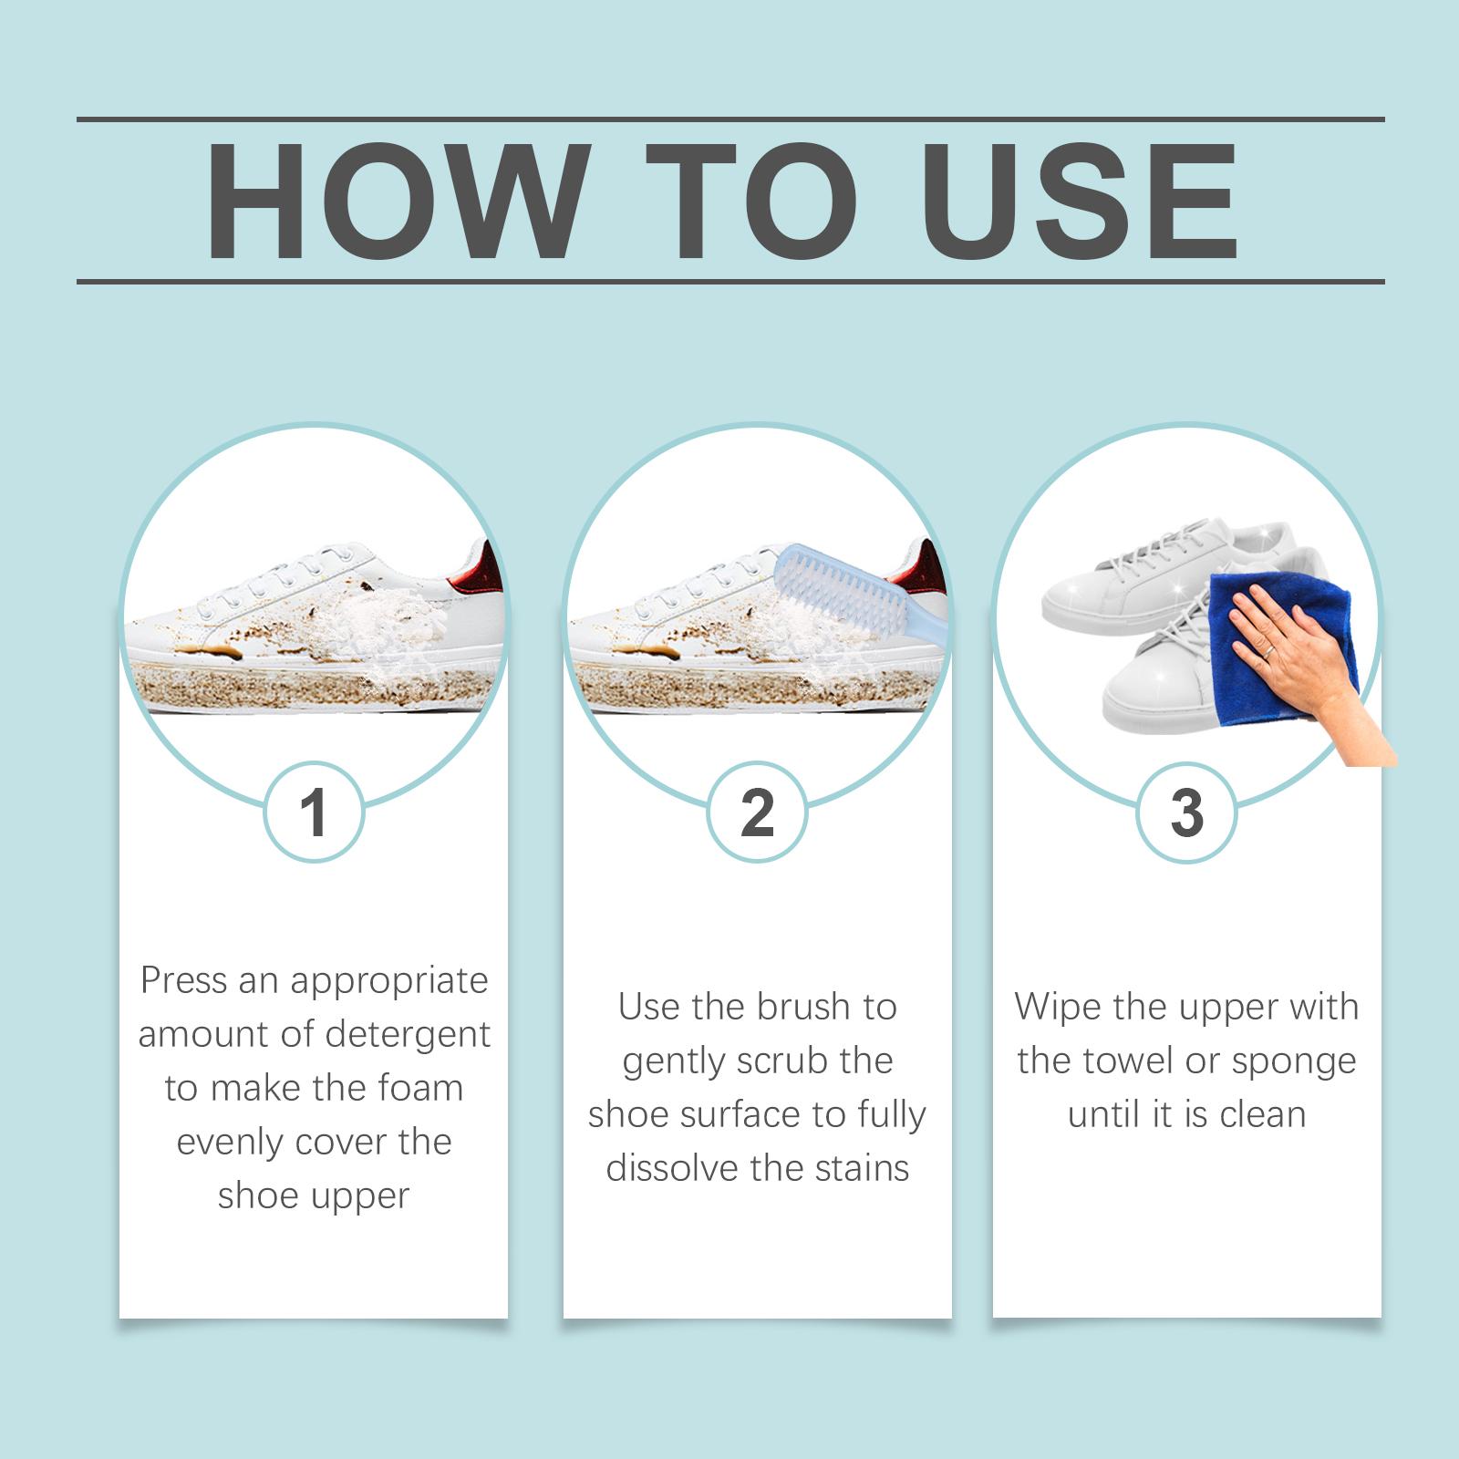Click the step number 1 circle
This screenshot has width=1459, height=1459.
click(x=314, y=812)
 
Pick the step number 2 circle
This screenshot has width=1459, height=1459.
click(x=758, y=812)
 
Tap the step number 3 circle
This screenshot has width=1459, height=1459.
click(x=1186, y=812)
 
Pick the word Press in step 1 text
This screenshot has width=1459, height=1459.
click(x=182, y=980)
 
